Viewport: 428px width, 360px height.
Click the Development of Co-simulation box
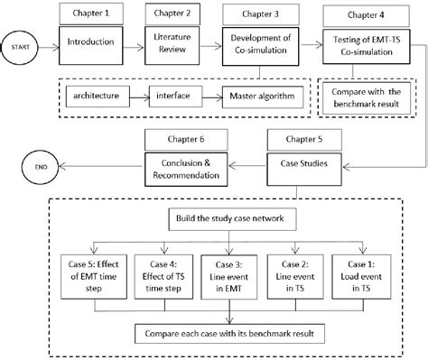click(x=264, y=41)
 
